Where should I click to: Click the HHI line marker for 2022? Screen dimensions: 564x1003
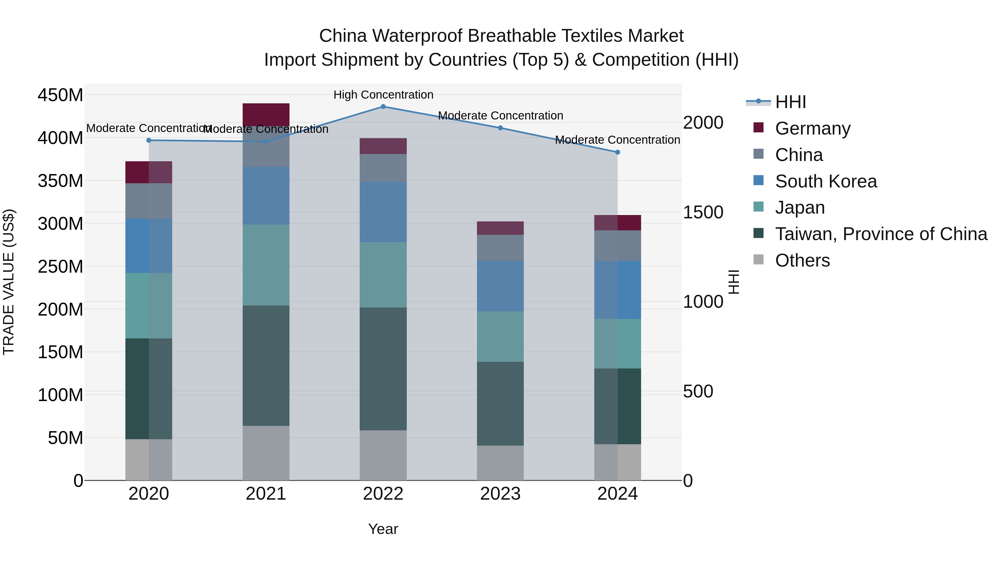pos(383,107)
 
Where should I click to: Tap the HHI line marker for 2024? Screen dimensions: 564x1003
pos(617,152)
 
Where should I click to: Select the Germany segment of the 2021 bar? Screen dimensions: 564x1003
pos(266,114)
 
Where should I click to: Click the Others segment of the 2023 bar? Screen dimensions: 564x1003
pos(500,463)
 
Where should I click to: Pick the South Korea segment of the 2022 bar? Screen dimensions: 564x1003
pos(383,212)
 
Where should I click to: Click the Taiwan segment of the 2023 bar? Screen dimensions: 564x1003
pos(500,404)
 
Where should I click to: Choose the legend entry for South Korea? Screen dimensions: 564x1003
pos(826,181)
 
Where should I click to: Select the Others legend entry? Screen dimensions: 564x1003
pos(802,260)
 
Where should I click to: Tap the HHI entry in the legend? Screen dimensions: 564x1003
pos(790,102)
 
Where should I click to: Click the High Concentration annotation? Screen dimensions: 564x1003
pos(383,95)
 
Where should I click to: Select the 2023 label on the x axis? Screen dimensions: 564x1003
pos(500,494)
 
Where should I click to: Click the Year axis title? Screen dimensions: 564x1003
pos(383,529)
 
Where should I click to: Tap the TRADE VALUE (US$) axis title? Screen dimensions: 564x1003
pos(9,282)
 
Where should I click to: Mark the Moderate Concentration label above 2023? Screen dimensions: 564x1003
pos(500,116)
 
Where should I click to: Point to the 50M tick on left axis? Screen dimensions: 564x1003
pos(65,438)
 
